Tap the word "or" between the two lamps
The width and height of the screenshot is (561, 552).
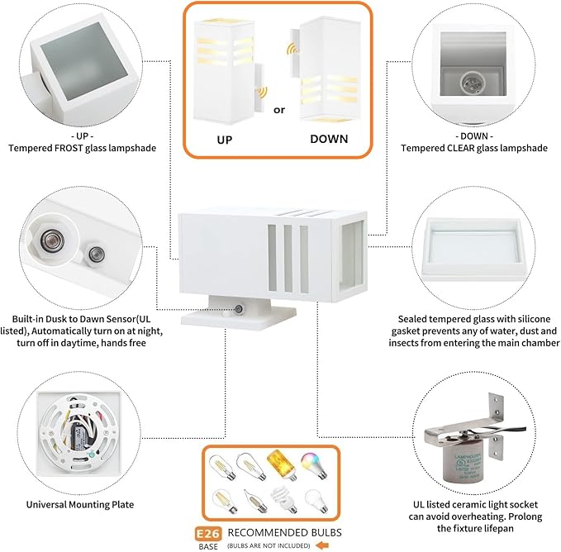[279, 108]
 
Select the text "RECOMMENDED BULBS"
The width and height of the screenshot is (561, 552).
[284, 532]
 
